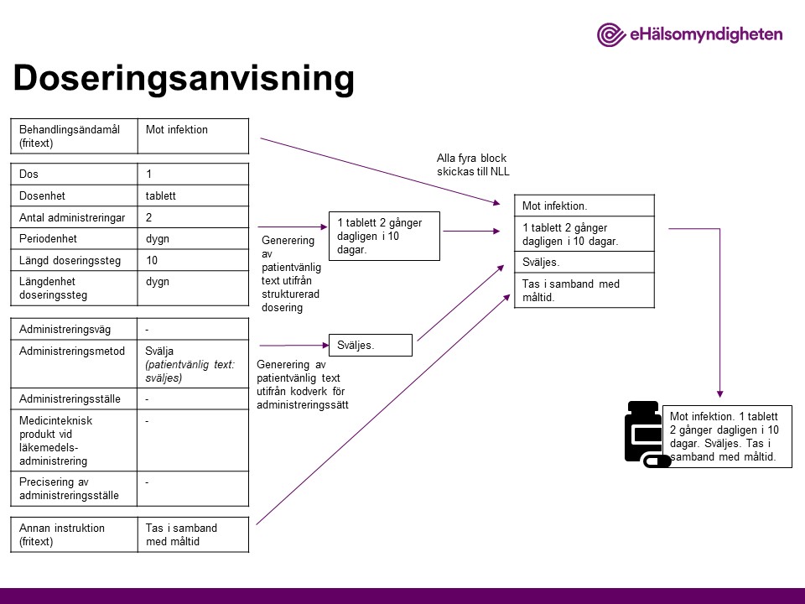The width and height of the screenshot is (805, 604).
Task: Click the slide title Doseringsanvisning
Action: [184, 78]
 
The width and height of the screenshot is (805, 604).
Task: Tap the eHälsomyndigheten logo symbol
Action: [610, 34]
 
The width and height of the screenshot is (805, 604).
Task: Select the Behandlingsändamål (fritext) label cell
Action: [73, 136]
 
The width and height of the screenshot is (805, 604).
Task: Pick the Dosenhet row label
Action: [73, 195]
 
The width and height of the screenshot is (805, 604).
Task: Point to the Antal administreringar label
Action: [73, 217]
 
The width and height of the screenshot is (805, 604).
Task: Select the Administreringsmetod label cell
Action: [73, 351]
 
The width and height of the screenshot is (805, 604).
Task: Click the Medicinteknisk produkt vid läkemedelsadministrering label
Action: [73, 440]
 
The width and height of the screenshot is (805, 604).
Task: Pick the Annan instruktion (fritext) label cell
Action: [73, 534]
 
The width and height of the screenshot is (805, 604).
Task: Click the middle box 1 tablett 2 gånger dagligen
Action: [385, 237]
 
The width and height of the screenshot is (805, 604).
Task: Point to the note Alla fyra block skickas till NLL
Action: [472, 164]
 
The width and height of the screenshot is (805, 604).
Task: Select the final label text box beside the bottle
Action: [727, 437]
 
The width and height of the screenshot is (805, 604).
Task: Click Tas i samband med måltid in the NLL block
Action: [584, 290]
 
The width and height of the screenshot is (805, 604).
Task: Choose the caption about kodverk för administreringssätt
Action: [301, 385]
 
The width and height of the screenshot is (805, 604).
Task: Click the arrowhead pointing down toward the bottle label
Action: [719, 393]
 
